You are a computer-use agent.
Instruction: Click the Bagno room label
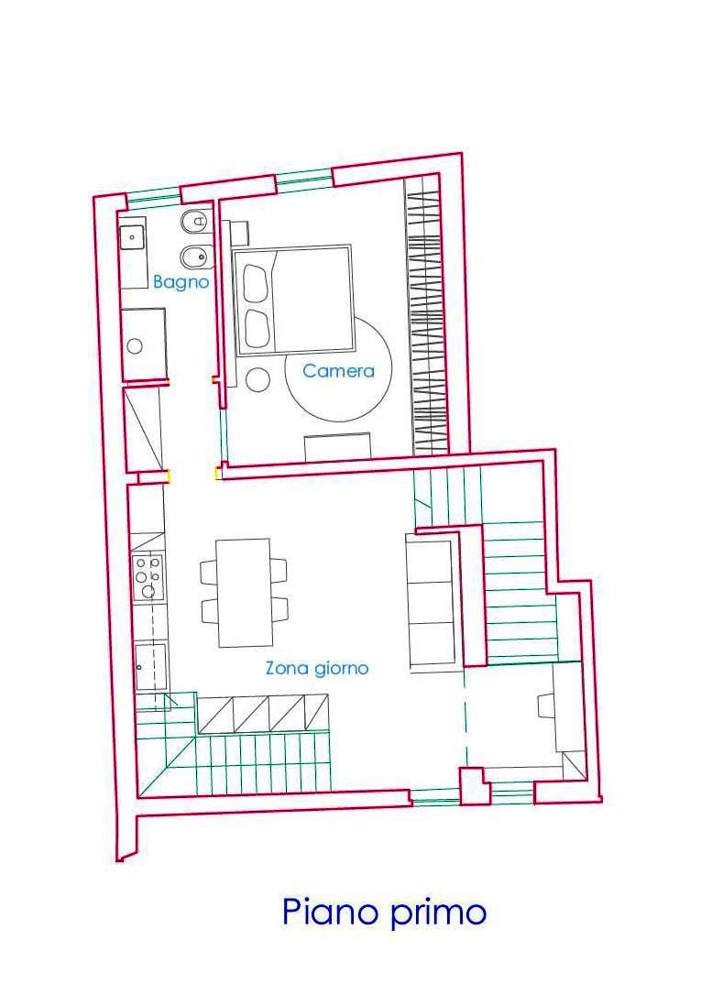coord(181,282)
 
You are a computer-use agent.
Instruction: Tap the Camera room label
coord(338,370)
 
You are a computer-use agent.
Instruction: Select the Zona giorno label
coord(317,668)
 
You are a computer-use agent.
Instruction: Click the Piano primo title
coord(384,913)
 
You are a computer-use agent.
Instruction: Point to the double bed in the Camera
coord(293,300)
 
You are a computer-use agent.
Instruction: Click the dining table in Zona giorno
coord(245,593)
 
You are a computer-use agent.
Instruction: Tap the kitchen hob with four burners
coord(148,577)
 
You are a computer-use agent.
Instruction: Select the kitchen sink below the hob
coord(151,667)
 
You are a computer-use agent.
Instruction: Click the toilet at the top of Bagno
coord(194,222)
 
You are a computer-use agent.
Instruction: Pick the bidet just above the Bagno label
coord(194,257)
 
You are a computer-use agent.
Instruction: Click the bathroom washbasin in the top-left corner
coord(133,237)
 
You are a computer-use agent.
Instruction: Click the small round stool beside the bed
coord(258,379)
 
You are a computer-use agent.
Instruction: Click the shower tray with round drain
coord(144,344)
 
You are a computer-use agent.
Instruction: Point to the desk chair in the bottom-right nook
coord(545,705)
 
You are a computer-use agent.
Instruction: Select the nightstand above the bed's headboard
coord(239,233)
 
